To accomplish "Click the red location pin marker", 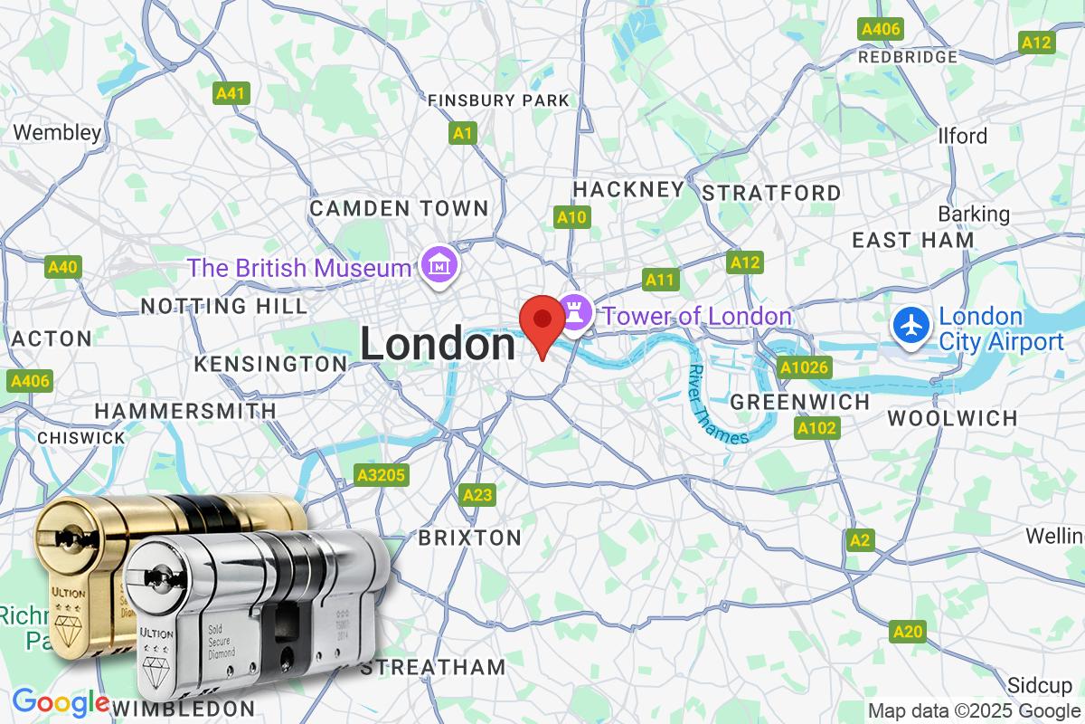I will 542,320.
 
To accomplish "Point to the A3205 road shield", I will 382,474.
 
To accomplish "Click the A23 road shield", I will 477,494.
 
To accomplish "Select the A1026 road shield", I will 804,367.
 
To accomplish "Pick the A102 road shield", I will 816,427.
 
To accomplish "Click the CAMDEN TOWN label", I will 399,209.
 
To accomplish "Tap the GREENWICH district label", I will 799,401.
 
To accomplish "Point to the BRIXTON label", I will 469,538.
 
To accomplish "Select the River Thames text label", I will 717,404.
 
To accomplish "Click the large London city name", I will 438,345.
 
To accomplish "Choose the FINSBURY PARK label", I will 498,100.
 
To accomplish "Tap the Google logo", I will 60,702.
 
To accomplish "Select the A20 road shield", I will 909,631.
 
